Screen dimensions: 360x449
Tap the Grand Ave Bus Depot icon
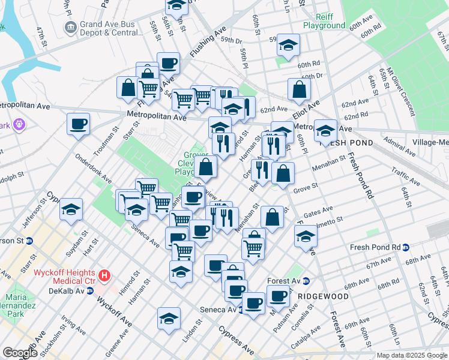[x=71, y=27]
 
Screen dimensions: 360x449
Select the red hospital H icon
[x=105, y=276]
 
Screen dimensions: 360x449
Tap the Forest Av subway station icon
[x=306, y=281]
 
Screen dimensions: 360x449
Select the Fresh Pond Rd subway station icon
[x=406, y=247]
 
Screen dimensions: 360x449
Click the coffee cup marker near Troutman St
[x=78, y=125]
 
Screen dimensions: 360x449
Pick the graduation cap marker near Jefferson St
[x=71, y=210]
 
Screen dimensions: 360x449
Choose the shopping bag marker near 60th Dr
[x=299, y=90]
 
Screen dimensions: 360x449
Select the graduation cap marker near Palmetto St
[x=306, y=236]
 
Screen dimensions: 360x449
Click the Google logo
[x=20, y=353]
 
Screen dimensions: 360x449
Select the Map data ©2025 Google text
[x=411, y=355]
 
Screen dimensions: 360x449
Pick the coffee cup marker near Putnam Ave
[x=277, y=296]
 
